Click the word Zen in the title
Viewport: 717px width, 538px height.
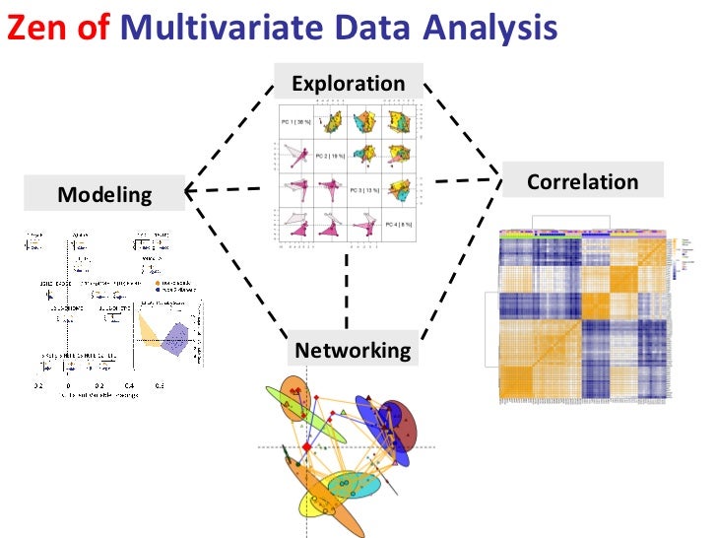tap(34, 30)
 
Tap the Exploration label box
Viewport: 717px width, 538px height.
tap(348, 84)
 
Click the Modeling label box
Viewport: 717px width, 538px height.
tap(105, 193)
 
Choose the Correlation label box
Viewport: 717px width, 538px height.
tap(582, 181)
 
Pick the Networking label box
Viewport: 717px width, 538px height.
tap(353, 350)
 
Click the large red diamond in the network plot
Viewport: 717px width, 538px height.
tap(305, 447)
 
